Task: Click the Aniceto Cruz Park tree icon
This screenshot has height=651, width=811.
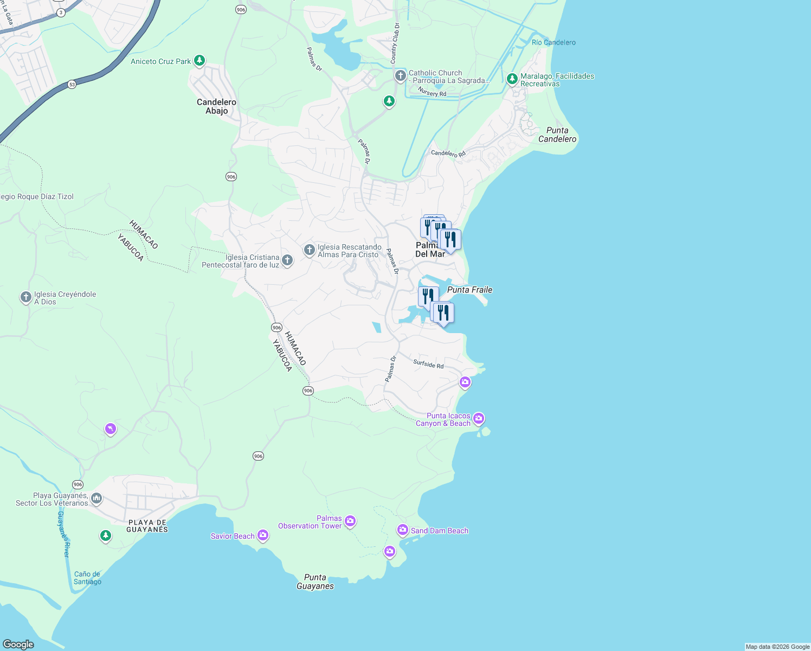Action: coord(199,60)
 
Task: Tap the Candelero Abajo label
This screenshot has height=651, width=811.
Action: coord(216,106)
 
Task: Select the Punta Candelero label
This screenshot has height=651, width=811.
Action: coord(557,135)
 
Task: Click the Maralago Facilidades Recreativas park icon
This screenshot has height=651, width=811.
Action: coord(512,79)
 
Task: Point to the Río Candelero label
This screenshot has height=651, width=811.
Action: coord(553,42)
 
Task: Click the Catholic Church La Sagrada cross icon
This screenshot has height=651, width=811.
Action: coord(400,75)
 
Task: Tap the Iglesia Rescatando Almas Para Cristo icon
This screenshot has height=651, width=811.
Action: coord(309,250)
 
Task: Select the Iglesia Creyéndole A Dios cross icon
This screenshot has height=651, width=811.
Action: coord(25,297)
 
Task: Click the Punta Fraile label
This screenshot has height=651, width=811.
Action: coord(469,290)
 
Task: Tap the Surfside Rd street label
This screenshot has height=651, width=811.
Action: coord(428,364)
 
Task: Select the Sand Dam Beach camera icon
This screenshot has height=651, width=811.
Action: coord(402,529)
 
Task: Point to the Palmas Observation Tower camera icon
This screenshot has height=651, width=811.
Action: coord(350,521)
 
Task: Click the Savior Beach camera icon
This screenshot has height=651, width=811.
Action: coord(263,535)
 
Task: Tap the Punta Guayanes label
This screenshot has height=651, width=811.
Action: coord(315,582)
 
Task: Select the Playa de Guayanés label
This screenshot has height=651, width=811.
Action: coord(147,526)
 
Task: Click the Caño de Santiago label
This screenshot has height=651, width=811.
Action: coord(87,578)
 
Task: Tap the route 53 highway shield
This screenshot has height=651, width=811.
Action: coord(72,84)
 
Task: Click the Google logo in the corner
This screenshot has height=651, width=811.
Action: coord(18,644)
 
